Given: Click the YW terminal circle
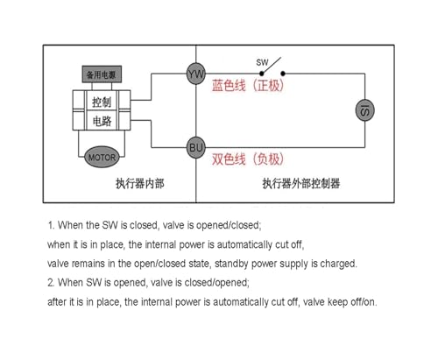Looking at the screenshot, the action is tap(196, 74).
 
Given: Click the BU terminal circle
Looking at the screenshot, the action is tap(196, 147).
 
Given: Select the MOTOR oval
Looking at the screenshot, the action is tap(102, 157).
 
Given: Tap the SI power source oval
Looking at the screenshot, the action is tap(364, 110).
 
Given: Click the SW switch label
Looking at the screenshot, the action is tap(262, 62).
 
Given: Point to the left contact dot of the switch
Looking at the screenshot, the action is tap(262, 74).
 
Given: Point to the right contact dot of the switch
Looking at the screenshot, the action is tap(283, 74).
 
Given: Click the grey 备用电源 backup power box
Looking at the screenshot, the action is tap(102, 74).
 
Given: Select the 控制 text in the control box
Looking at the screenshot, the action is tap(102, 102).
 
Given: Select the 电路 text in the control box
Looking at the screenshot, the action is tap(102, 121).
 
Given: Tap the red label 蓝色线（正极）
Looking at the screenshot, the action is tap(248, 86).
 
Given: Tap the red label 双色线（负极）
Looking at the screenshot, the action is tap(248, 159).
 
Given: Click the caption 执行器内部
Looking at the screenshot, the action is tap(140, 184).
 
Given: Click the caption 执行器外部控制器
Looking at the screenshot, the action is tap(301, 184).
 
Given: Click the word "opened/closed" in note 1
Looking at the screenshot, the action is tap(228, 225).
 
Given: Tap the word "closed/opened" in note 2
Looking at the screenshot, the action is tap(216, 283).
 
